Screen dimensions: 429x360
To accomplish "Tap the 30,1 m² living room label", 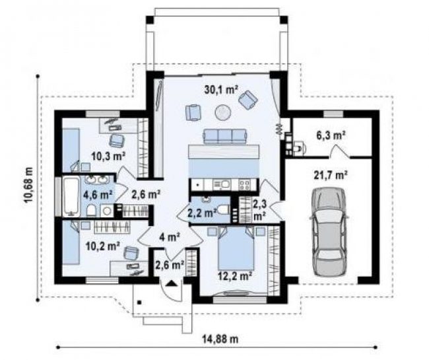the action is pos(221,89).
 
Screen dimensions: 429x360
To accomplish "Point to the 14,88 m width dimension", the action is pos(220,340).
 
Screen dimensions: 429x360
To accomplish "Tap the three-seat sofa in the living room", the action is pos(225,136).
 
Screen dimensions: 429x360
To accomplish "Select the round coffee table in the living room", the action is pos(223,112).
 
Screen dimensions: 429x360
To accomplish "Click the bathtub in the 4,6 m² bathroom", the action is pos(71,196).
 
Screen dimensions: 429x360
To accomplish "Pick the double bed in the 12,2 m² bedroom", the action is pos(236,248).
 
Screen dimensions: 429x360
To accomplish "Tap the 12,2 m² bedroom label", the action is pos(235,276).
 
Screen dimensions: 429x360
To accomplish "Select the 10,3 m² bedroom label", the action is pos(108,157).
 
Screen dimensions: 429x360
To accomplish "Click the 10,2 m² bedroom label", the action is pos(103,246).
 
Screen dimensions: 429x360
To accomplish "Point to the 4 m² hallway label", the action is pos(170,236).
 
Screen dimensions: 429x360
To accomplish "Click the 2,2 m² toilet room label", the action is pos(202,213).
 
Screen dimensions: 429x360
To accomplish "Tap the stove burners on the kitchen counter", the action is pos(244,184).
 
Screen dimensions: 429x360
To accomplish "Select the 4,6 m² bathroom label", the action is pos(98,195).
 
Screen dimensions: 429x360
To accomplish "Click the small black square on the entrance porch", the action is pos(139,303).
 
